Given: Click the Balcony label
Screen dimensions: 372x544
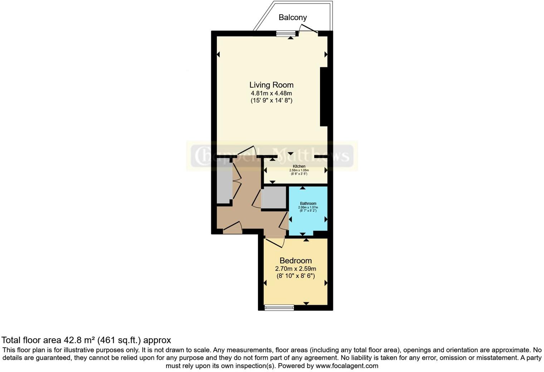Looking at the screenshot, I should pos(292,17).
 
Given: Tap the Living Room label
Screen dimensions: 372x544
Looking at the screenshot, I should pos(271,85).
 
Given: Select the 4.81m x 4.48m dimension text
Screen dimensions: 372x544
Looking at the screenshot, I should pos(271,93).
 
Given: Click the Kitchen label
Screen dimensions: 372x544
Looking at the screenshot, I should pos(299,166).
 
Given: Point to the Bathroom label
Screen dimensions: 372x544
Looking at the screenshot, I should pos(308,204).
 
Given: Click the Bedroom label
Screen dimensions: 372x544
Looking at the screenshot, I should pos(296,260).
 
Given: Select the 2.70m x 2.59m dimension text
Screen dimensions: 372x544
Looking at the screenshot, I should pos(296,269).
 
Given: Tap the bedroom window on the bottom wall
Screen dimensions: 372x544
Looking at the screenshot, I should pos(279,307).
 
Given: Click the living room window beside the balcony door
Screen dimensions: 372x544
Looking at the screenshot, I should pos(286,34).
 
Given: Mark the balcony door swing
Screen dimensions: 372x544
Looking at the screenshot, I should pos(308,29).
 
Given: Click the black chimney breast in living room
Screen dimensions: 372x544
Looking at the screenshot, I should pos(324,97).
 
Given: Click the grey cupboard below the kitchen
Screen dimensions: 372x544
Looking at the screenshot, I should pos(274,197).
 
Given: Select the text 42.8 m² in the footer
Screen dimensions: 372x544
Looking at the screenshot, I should pos(79,340).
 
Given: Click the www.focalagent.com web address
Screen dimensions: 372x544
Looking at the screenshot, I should pos(346,366).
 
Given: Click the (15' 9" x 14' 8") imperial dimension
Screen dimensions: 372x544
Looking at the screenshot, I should pos(271,101).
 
